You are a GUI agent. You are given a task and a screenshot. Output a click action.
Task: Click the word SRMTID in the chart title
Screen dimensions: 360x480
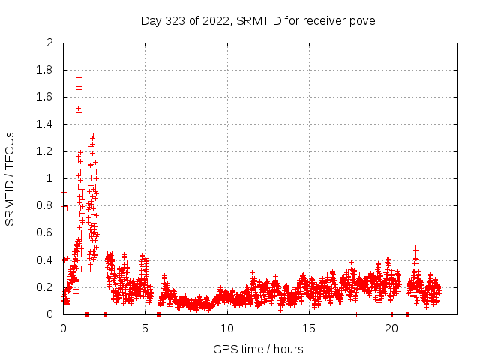tap(256, 20)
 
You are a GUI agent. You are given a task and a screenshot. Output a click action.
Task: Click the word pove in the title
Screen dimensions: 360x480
tap(361, 20)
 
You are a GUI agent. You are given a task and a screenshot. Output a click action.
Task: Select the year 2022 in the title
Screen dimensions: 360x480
tap(213, 20)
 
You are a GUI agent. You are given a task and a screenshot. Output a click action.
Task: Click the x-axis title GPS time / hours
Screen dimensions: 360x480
tap(258, 349)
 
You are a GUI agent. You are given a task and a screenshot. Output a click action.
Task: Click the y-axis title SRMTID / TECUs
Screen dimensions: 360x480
tap(10, 178)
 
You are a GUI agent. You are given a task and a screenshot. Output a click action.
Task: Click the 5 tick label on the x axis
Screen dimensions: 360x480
tap(145, 328)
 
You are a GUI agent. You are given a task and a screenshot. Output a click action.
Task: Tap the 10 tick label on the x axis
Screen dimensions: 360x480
tap(227, 328)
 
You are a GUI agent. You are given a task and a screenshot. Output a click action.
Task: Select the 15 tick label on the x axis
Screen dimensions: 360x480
tap(309, 328)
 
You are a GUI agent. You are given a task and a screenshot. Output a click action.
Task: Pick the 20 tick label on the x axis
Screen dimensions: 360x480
tap(391, 328)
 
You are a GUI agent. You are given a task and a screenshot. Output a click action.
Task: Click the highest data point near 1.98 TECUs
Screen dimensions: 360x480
tap(79, 46)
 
